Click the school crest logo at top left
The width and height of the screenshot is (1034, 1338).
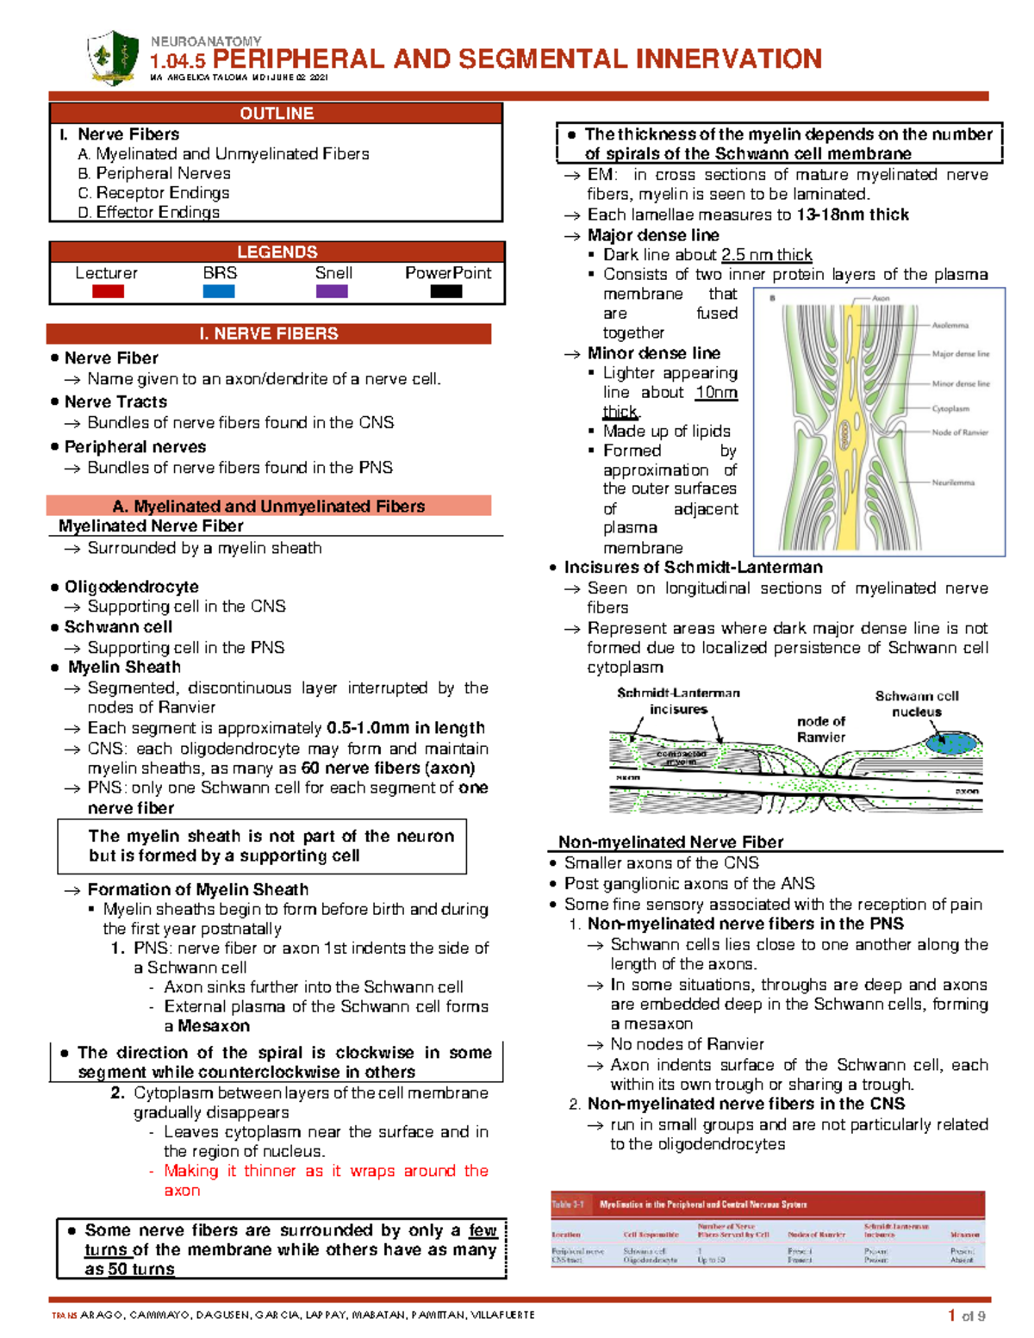pos(113,57)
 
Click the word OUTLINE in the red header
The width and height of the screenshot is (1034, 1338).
pos(277,114)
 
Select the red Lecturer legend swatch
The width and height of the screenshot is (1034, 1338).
pos(108,291)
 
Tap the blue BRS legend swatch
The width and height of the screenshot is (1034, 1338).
pos(219,291)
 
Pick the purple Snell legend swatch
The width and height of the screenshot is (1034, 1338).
pos(332,291)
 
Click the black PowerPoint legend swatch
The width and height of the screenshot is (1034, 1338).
pos(446,291)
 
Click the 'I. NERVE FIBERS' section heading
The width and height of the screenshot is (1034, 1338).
pos(269,333)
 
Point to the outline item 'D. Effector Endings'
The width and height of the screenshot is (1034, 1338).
pos(148,212)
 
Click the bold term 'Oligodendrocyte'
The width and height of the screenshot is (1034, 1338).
pos(131,587)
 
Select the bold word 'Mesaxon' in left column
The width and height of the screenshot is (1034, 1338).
pos(214,1026)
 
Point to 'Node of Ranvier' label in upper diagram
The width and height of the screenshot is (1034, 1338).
pos(960,433)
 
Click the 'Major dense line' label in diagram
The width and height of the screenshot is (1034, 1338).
pos(960,354)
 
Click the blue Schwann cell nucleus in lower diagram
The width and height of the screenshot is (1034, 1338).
pos(951,742)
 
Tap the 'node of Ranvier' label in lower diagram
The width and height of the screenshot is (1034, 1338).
pos(820,729)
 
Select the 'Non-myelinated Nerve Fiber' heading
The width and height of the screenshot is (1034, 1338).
pos(670,842)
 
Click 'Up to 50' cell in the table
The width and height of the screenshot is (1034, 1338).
pos(711,1260)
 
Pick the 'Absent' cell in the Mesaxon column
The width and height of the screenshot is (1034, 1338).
pos(962,1260)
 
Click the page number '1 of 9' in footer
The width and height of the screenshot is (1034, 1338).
pos(967,1316)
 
